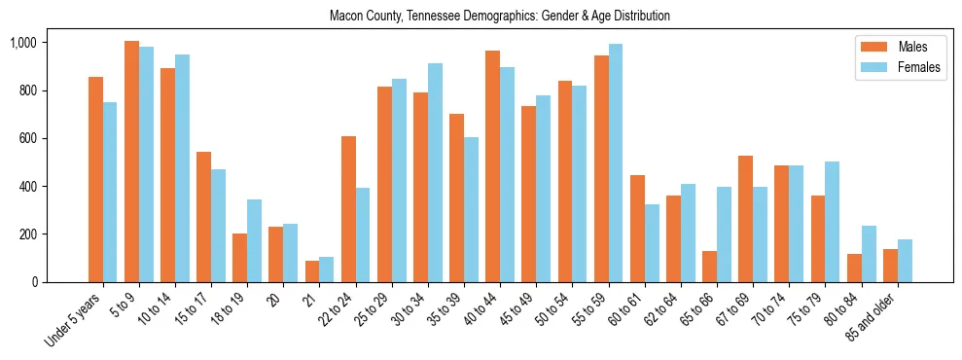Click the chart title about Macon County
500,17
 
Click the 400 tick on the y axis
26,186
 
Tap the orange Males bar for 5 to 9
131,162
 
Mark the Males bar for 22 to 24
348,209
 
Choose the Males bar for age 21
312,271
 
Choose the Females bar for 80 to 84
868,254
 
